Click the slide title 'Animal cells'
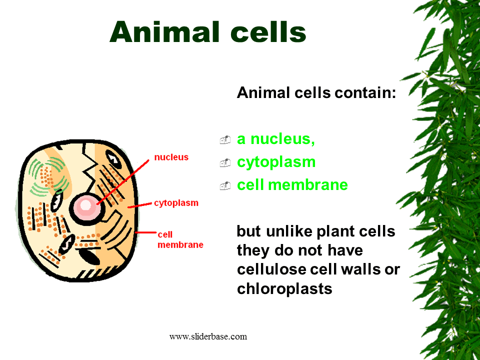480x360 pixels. pyautogui.click(x=207, y=32)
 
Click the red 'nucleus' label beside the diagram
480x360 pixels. pyautogui.click(x=171, y=157)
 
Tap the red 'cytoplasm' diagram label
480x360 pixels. pyautogui.click(x=176, y=203)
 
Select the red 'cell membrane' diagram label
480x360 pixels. pyautogui.click(x=180, y=239)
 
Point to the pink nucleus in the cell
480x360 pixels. pyautogui.click(x=86, y=205)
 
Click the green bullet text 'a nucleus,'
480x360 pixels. pyautogui.click(x=276, y=139)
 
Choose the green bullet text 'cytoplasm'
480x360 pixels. pyautogui.click(x=276, y=162)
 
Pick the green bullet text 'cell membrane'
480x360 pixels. pyautogui.click(x=292, y=185)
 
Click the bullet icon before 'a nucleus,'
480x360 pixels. pyautogui.click(x=225, y=140)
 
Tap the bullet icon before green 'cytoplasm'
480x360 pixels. pyautogui.click(x=225, y=163)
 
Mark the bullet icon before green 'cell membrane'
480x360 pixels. pyautogui.click(x=225, y=186)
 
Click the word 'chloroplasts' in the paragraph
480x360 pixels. pyautogui.click(x=284, y=288)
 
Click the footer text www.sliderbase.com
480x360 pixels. pyautogui.click(x=208, y=336)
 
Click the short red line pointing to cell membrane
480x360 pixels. pyautogui.click(x=145, y=232)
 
